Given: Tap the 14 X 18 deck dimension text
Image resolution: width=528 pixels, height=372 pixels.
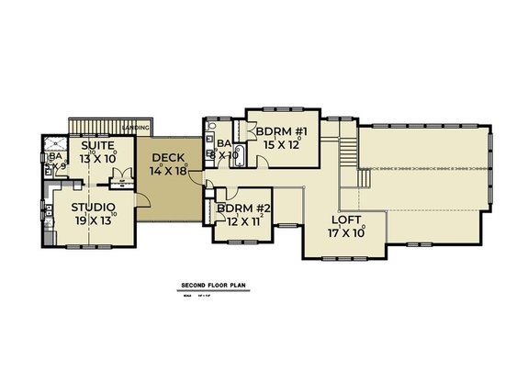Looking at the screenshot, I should pyautogui.click(x=171, y=172).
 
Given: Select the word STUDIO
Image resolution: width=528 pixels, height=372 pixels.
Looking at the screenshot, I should pyautogui.click(x=93, y=208).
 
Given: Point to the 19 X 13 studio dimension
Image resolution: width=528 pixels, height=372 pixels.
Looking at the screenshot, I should pyautogui.click(x=93, y=221).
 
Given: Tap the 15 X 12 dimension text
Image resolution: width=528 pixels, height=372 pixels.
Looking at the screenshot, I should pyautogui.click(x=281, y=144).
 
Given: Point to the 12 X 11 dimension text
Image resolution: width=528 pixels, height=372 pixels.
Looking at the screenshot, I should pyautogui.click(x=244, y=221).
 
